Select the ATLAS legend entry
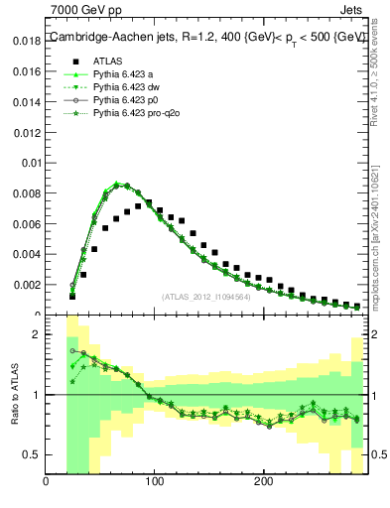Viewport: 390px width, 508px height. tap(108, 60)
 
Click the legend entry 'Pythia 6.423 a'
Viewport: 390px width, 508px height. tap(125, 73)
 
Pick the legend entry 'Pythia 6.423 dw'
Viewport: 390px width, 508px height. tap(129, 87)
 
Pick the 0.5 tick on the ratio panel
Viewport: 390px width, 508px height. tap(32, 454)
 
